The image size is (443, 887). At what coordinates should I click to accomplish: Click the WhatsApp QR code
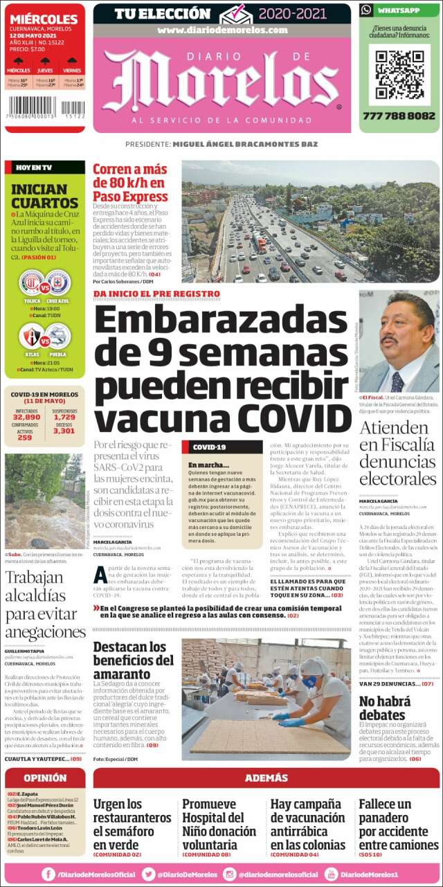point(399,74)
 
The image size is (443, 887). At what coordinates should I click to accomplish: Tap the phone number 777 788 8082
point(399,116)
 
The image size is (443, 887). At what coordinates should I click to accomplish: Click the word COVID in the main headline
point(295,418)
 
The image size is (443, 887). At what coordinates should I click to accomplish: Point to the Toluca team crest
point(31,284)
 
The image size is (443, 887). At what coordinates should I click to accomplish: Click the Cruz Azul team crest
point(58,284)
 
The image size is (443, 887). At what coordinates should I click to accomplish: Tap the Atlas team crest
point(31,337)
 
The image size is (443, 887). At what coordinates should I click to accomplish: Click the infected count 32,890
point(26,417)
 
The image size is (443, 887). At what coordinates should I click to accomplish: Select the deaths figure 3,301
point(64,431)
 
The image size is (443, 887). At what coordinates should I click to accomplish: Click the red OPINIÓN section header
point(45,778)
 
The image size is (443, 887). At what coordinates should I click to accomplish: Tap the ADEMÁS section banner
point(266,778)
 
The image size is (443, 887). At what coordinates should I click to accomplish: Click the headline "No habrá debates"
point(382,708)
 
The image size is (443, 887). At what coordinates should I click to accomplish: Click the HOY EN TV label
point(33,168)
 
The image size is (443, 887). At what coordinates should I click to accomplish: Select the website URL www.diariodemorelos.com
point(221,30)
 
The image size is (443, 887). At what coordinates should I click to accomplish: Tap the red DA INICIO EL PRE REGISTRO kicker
point(156,294)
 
